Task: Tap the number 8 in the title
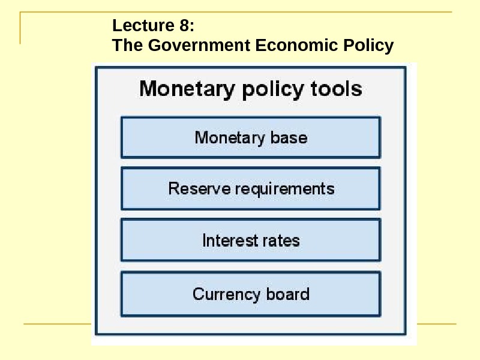tap(185, 26)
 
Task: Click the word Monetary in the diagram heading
tap(187, 89)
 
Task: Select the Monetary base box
tap(251, 137)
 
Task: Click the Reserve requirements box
tap(251, 188)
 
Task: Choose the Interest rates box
tap(251, 241)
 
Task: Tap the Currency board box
tap(251, 294)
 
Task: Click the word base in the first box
tap(289, 137)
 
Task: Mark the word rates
tap(280, 241)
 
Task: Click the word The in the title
tap(127, 45)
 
